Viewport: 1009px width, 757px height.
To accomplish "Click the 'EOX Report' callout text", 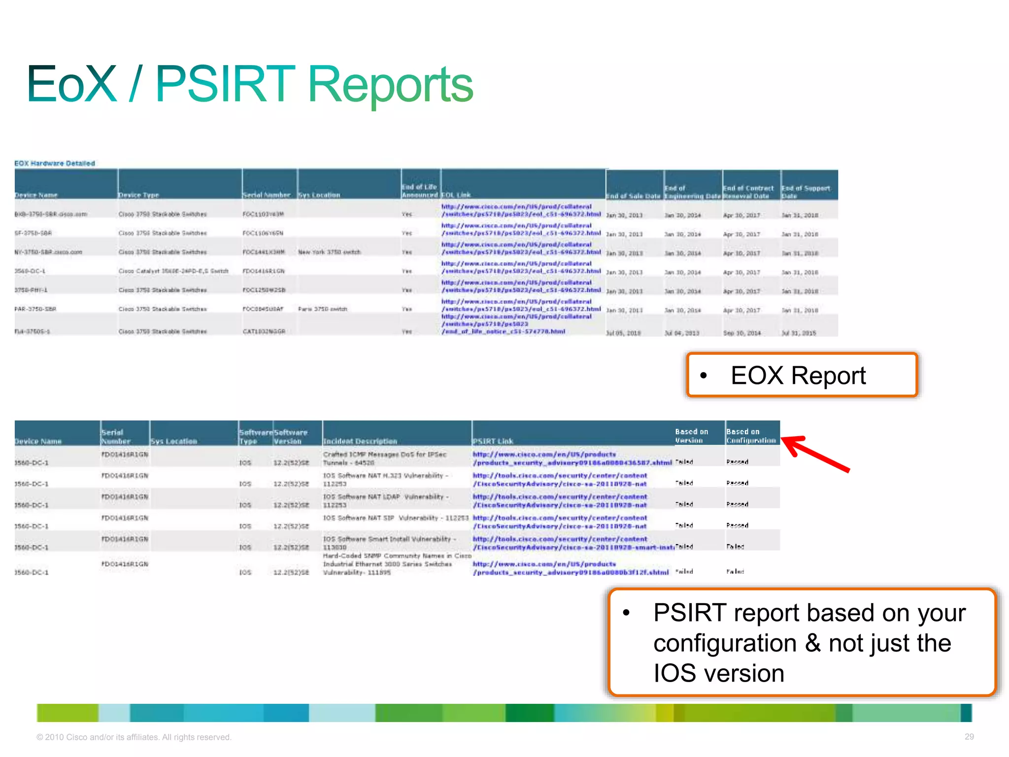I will [798, 376].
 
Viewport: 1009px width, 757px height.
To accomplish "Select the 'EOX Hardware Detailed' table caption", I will [55, 163].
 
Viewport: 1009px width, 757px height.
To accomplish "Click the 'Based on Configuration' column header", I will [751, 436].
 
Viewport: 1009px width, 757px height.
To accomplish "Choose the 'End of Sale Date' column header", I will [633, 196].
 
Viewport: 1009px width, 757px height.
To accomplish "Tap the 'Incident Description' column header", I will [360, 441].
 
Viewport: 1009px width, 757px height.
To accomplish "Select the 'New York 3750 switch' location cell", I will [329, 252].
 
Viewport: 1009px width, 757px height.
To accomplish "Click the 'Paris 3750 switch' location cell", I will [322, 309].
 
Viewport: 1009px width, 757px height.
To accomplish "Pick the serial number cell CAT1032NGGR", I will [264, 332].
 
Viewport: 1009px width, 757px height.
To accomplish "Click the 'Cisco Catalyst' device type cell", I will [173, 271].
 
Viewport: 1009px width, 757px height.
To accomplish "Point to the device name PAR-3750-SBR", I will [35, 309].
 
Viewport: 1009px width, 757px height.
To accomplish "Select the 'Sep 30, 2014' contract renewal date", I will [741, 333].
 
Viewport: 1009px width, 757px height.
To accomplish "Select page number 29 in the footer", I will [969, 736].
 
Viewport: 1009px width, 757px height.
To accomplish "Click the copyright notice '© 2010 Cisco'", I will [134, 737].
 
